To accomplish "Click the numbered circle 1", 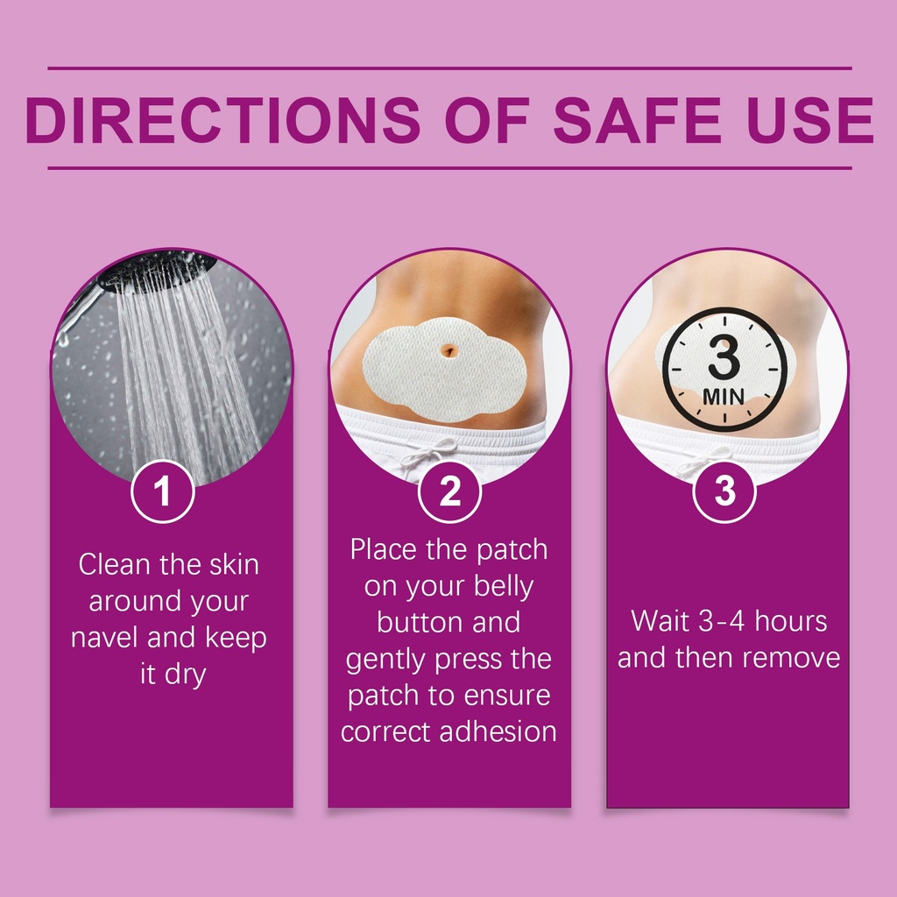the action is [162, 491].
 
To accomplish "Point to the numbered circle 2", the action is [449, 491].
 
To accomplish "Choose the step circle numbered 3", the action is [724, 491].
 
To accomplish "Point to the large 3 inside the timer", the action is [724, 357].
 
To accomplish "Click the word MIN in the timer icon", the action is [724, 397].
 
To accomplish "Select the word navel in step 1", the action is [105, 638].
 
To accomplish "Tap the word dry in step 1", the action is [186, 675].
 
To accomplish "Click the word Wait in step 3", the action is [660, 621].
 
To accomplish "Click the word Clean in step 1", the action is [116, 564].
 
